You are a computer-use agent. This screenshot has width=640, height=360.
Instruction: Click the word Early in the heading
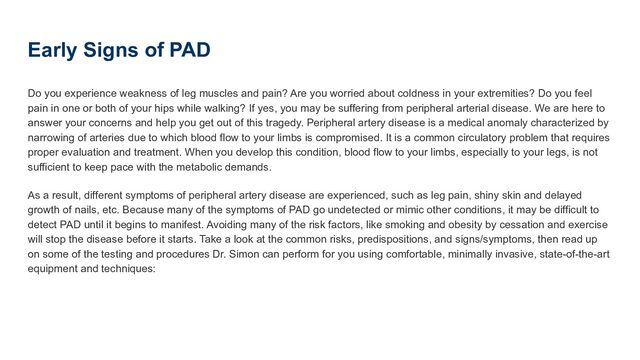[55, 50]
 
